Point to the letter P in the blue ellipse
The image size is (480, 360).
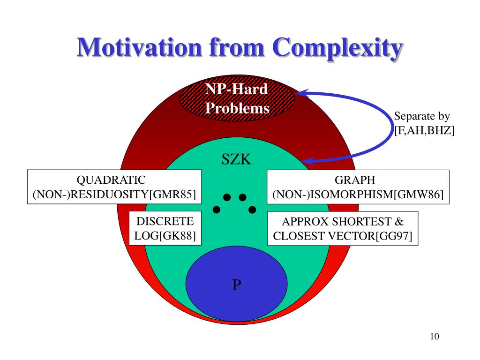click(237, 285)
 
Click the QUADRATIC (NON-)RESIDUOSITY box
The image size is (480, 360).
click(114, 187)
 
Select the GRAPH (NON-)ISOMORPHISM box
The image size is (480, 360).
click(358, 187)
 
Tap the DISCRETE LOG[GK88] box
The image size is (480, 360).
click(165, 228)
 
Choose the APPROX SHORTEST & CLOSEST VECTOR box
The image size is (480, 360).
click(343, 228)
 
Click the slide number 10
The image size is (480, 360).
click(434, 337)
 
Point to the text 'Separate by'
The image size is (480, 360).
click(422, 116)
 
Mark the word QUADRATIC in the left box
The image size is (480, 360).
click(111, 180)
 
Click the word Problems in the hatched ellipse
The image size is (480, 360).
click(238, 108)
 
